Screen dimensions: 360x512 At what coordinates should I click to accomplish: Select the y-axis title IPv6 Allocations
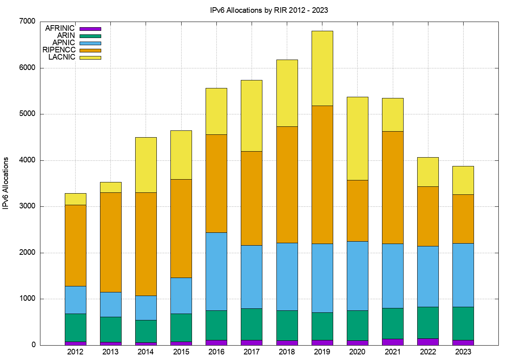(x=6, y=183)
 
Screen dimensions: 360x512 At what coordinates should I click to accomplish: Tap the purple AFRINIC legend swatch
(x=90, y=29)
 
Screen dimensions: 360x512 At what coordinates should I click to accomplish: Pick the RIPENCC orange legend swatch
(x=90, y=50)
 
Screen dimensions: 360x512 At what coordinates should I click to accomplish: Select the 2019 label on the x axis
(x=322, y=352)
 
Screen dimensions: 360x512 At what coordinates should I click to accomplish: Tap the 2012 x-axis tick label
(x=76, y=352)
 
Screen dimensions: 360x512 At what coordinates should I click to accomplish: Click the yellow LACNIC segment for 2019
(x=322, y=68)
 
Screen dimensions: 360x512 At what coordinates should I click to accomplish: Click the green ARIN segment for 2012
(x=76, y=327)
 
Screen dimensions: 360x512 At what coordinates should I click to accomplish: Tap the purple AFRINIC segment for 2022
(x=428, y=342)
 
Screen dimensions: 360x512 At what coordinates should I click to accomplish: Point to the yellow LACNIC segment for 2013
(x=111, y=187)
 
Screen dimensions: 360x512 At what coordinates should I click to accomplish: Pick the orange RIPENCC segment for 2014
(x=146, y=244)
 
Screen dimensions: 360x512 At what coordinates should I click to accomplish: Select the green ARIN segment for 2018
(x=287, y=325)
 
